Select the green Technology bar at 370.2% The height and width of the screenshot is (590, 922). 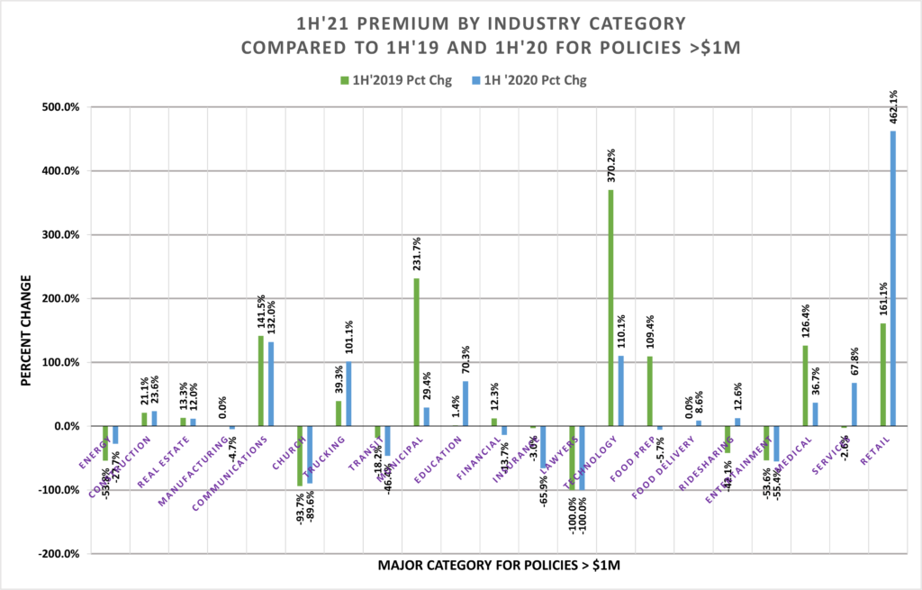coord(611,307)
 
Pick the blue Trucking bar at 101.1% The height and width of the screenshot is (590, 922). coord(348,394)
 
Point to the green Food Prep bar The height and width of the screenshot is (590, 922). coord(650,391)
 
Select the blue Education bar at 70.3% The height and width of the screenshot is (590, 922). coord(466,404)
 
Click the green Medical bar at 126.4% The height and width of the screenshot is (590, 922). coord(805,386)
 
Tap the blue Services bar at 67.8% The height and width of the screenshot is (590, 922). coord(853,404)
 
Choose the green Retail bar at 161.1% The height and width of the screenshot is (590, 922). coord(882,375)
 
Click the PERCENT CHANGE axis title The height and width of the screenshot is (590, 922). coord(26,330)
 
